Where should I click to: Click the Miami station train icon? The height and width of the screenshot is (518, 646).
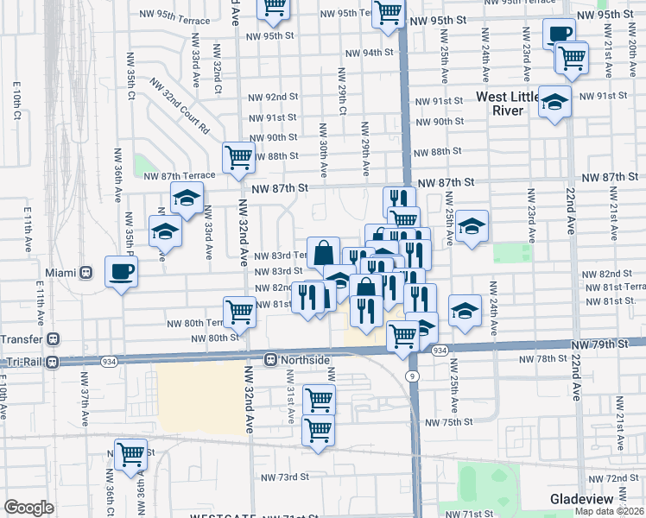(86, 272)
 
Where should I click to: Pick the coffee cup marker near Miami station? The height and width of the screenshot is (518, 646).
(121, 272)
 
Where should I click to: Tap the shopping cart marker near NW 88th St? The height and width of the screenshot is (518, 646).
(238, 158)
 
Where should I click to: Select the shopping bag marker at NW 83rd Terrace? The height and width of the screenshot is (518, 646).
(323, 254)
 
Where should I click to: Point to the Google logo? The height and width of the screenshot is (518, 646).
(28, 508)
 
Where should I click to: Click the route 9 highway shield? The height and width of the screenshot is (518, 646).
(413, 376)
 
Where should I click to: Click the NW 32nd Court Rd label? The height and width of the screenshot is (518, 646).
(180, 106)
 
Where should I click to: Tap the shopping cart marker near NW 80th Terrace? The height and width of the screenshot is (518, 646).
(238, 313)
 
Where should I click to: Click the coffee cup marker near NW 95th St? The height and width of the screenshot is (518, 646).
(559, 35)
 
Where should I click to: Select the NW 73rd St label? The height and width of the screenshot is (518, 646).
(285, 477)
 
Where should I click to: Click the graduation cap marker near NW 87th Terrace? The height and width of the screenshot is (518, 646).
(187, 199)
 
